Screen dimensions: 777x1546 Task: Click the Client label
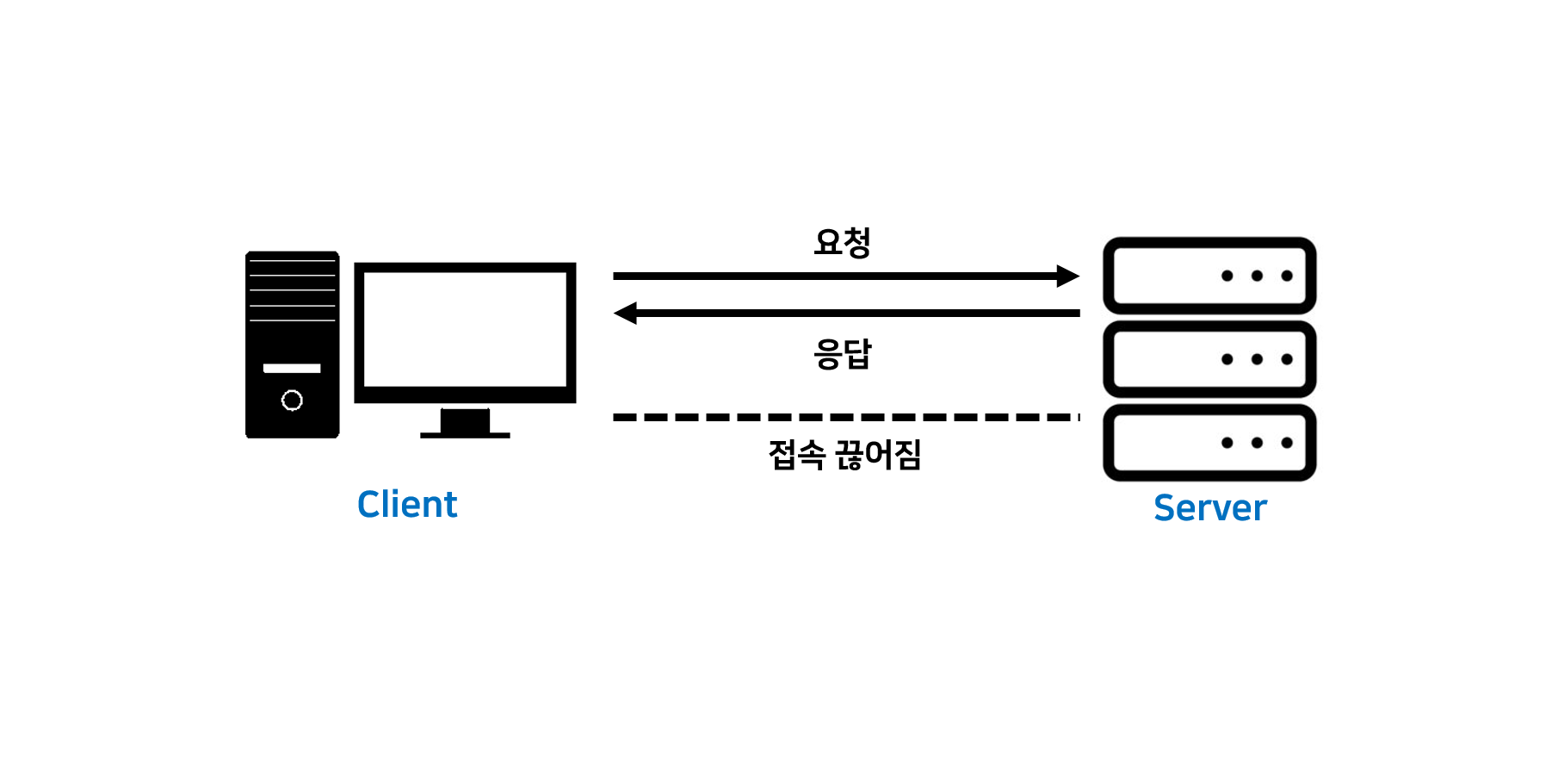point(407,505)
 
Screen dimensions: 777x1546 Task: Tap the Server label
point(1209,508)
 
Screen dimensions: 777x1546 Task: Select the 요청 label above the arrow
point(843,242)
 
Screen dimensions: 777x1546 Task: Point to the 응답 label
point(843,353)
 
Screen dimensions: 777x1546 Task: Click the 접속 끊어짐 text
point(844,455)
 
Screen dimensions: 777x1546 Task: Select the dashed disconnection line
point(844,417)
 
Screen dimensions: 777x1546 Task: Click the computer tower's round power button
point(292,400)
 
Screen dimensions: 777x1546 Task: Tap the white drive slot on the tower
point(292,368)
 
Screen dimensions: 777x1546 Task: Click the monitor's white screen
point(465,329)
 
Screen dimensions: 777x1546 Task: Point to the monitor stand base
point(465,434)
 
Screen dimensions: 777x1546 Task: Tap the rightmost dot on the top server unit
point(1287,276)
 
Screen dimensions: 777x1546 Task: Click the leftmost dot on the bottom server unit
point(1228,443)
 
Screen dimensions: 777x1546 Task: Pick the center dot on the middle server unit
point(1257,359)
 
